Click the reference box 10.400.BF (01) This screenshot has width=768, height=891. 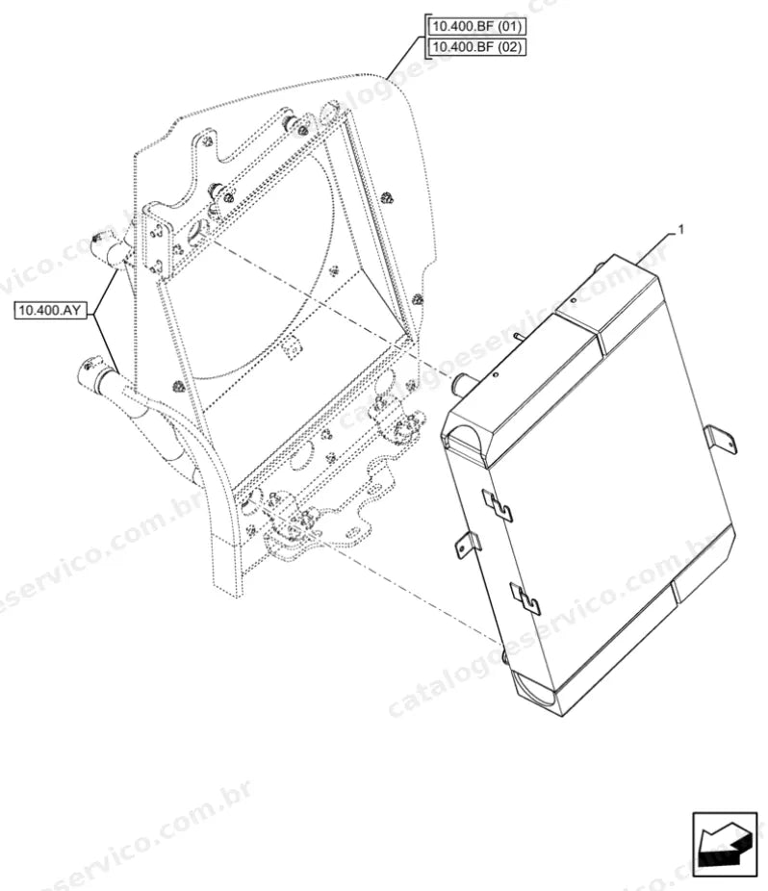click(x=476, y=27)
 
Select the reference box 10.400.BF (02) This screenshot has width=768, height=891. click(x=476, y=46)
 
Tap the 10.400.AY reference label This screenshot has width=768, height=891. click(x=49, y=310)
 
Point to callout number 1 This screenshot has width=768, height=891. click(x=681, y=230)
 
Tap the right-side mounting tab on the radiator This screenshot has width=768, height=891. click(x=720, y=441)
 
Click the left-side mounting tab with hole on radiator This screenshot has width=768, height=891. click(x=468, y=545)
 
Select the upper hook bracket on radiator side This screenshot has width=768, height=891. click(x=497, y=504)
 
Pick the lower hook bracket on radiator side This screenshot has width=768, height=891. click(x=525, y=598)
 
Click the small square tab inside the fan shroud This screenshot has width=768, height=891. click(x=290, y=346)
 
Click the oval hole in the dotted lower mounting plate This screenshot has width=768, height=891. click(x=355, y=533)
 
